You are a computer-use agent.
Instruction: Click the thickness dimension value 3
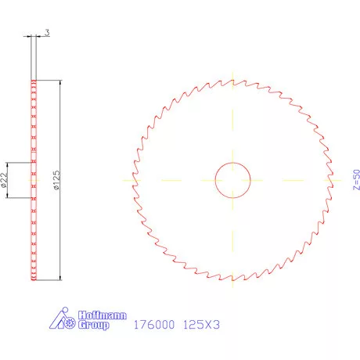[x=48, y=32]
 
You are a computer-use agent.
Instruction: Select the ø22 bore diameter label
[x=4, y=181]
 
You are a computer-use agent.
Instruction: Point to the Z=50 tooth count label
[x=336, y=179]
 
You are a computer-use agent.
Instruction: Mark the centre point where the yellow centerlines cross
[x=232, y=180]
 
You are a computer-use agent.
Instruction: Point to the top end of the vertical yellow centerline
[x=232, y=66]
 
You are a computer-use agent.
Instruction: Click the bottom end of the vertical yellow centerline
[x=232, y=293]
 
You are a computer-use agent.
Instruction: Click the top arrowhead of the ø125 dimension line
[x=59, y=82]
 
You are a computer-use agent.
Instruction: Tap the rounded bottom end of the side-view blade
[x=34, y=278]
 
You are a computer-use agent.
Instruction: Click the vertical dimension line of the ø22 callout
[x=9, y=180]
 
